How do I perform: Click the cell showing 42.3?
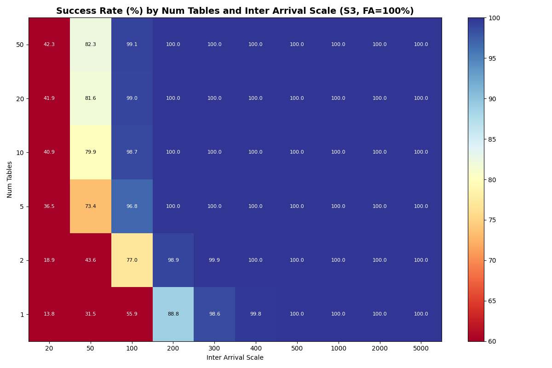[x=49, y=45]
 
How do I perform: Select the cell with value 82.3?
[x=91, y=45]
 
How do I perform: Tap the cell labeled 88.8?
[x=173, y=314]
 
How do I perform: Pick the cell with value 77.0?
[x=132, y=260]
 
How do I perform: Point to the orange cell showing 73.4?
[x=91, y=207]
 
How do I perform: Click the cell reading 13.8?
[x=49, y=314]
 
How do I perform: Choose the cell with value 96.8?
[x=132, y=207]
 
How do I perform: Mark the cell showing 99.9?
[x=214, y=260]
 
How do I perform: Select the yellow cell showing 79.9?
[x=91, y=152]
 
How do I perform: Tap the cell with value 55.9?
[x=132, y=314]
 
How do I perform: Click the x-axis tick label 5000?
[x=421, y=349]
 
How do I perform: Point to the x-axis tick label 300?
[x=214, y=349]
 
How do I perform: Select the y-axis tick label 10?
[x=20, y=153]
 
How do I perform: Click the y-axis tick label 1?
[x=22, y=315]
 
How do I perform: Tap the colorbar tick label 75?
[x=494, y=220]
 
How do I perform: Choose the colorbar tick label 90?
[x=494, y=99]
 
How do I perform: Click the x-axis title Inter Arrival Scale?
[x=235, y=358]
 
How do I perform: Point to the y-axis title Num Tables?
[x=10, y=179]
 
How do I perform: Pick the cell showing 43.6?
[x=91, y=260]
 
